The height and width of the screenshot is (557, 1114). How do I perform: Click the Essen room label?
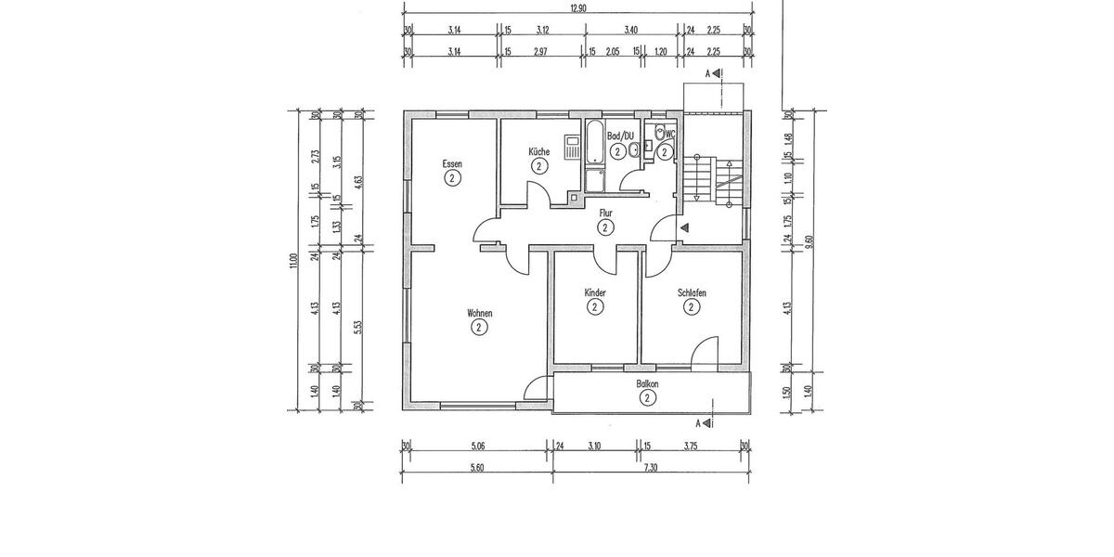452,163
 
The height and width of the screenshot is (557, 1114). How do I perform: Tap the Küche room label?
538,151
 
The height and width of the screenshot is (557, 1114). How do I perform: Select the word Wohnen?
479,314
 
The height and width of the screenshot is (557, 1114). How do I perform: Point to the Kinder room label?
595,293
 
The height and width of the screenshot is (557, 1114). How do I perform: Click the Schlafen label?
692,293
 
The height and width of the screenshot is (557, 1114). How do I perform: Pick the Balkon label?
647,383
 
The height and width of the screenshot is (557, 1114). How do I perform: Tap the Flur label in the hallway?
605,213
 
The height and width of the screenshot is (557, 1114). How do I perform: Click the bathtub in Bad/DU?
594,143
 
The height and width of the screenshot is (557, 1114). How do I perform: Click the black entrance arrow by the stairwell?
684,227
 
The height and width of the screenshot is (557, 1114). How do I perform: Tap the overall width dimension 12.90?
576,7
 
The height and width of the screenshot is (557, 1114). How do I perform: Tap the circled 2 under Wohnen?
479,327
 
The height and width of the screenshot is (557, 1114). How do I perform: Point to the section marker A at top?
708,73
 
